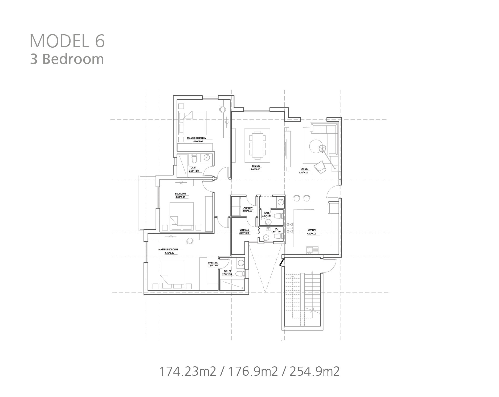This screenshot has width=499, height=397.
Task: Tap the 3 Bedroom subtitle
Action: point(67,59)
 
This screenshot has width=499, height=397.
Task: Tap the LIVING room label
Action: point(304,169)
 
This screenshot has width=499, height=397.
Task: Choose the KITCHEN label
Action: point(312,230)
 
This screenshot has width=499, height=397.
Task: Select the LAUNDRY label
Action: point(247,208)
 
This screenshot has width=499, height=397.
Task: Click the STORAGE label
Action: point(244,230)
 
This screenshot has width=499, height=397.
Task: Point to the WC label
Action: point(276,228)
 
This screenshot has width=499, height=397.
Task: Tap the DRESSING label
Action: point(213,263)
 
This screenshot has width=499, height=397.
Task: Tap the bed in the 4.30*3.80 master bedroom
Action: point(172,275)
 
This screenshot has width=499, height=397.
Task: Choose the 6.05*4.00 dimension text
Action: point(304,172)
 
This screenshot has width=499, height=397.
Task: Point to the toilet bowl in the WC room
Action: point(278,237)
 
